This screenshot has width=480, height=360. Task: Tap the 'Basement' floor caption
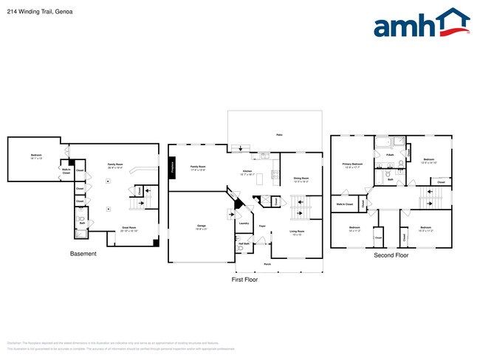click(x=83, y=254)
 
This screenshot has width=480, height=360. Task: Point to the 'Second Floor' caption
click(x=391, y=255)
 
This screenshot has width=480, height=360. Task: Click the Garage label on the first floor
click(x=201, y=226)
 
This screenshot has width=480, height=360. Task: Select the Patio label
click(x=279, y=135)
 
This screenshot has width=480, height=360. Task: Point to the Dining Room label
click(x=301, y=178)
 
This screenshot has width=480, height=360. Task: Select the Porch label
click(x=267, y=263)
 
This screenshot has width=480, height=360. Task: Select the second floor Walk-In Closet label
click(x=345, y=204)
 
